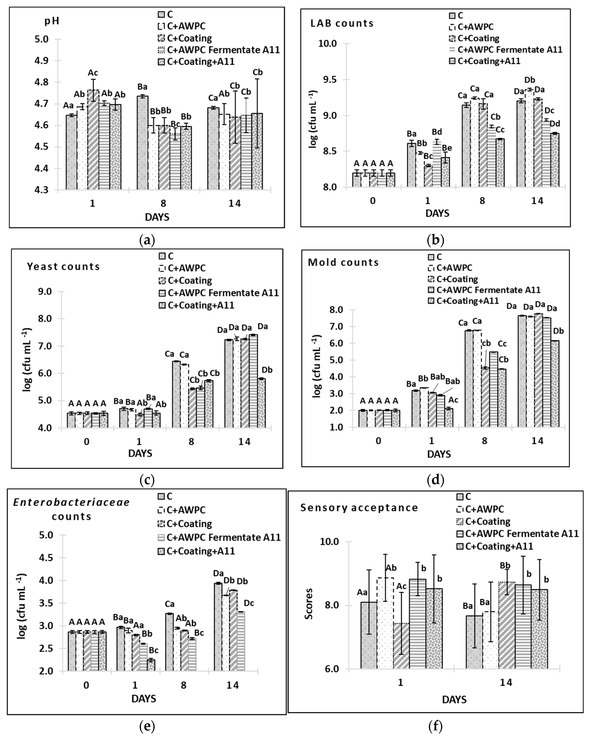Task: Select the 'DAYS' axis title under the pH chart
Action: tap(157, 217)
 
